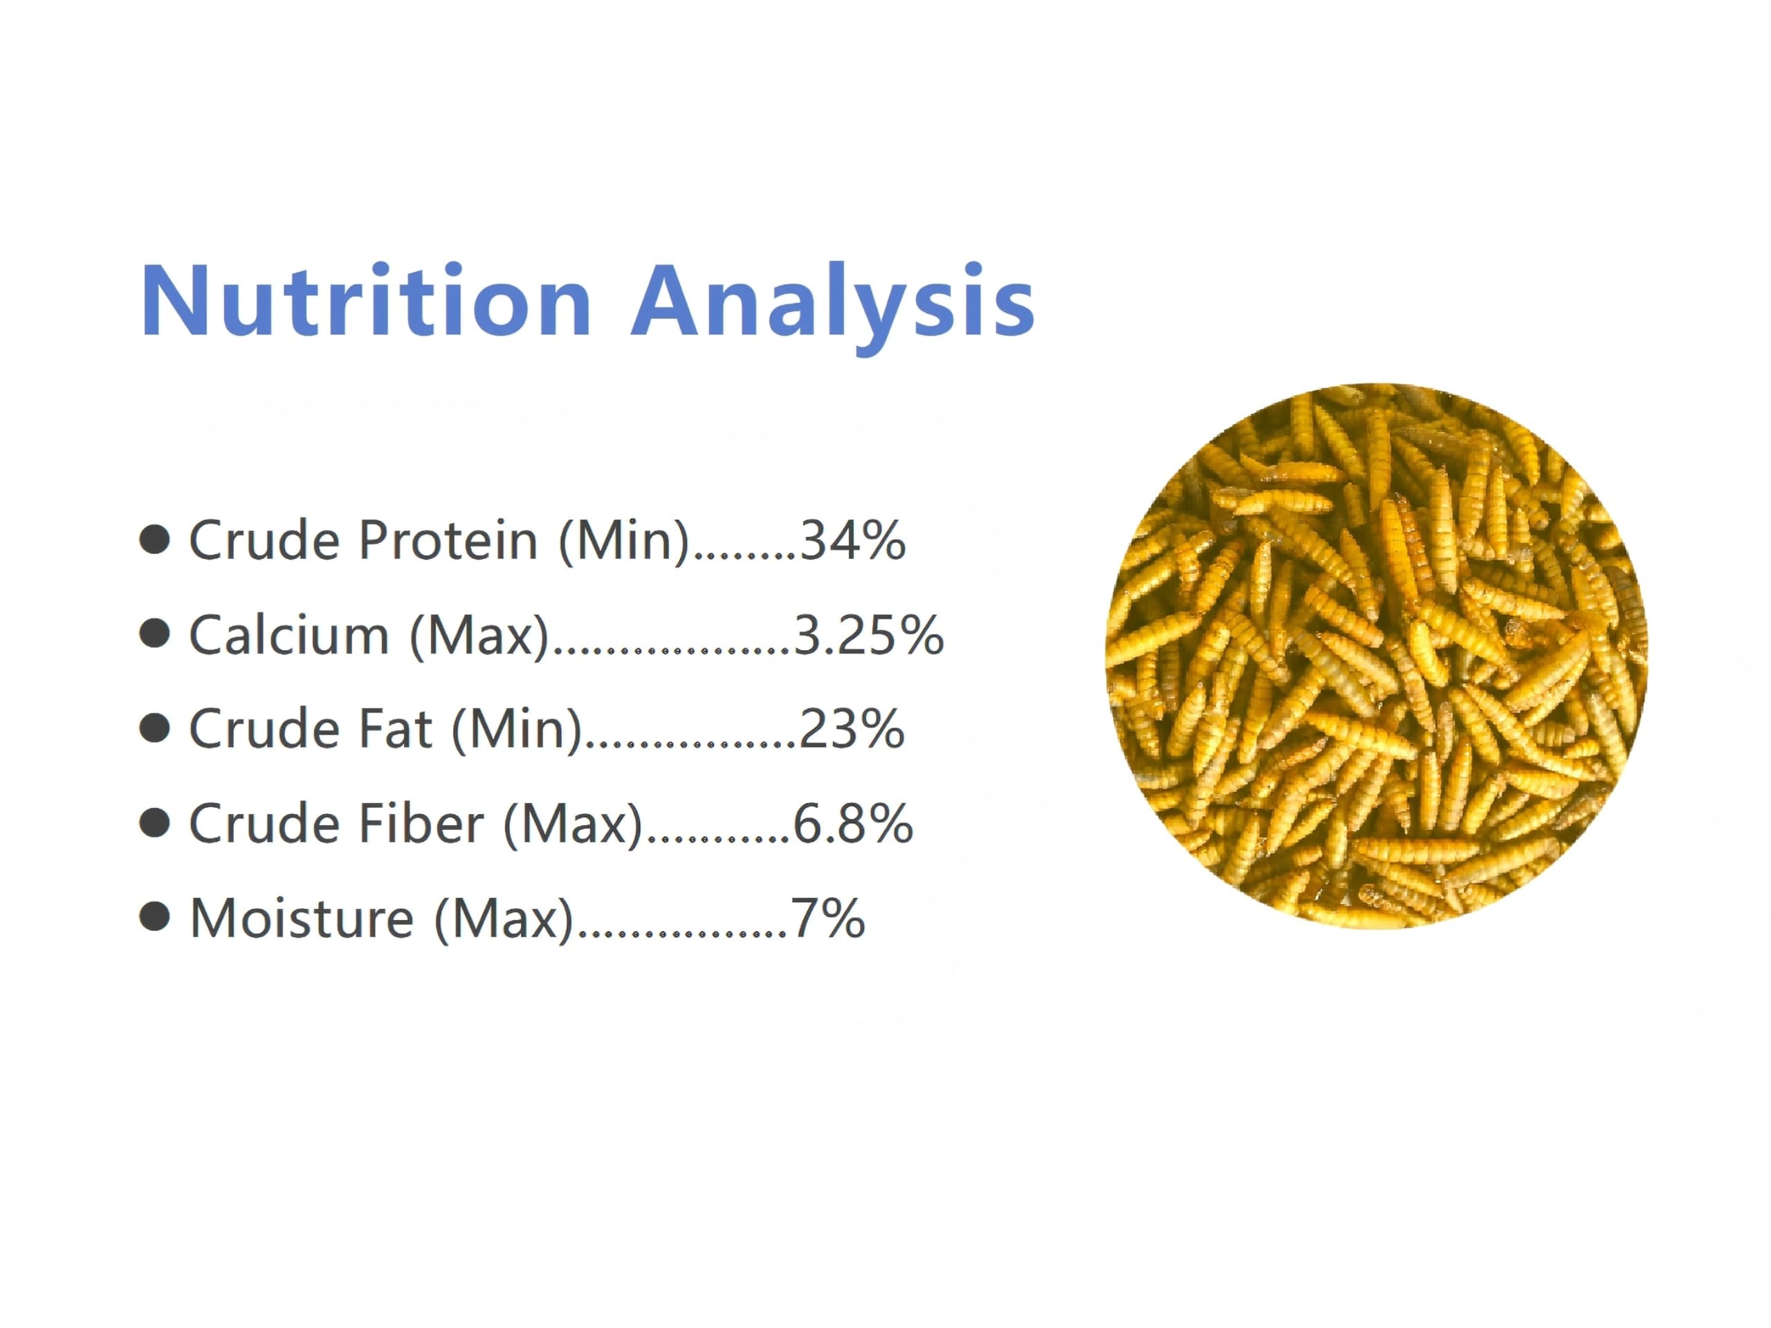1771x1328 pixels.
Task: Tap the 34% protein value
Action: [x=854, y=540]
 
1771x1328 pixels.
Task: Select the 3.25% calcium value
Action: [x=869, y=635]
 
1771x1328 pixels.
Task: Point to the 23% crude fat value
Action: [x=852, y=729]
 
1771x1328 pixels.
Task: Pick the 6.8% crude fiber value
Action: [x=853, y=824]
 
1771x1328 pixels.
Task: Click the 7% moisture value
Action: [x=828, y=918]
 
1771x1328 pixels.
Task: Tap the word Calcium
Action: [x=288, y=635]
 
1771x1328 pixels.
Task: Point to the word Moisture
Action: [x=302, y=918]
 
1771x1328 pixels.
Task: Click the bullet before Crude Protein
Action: [x=154, y=539]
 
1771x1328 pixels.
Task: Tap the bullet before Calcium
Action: [x=154, y=634]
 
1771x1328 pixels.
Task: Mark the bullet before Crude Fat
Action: [x=154, y=728]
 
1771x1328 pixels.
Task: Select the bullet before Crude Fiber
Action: [x=154, y=823]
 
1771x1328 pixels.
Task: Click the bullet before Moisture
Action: [x=154, y=917]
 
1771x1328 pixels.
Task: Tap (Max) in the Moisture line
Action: [x=504, y=920]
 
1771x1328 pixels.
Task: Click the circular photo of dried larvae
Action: [x=1376, y=656]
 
